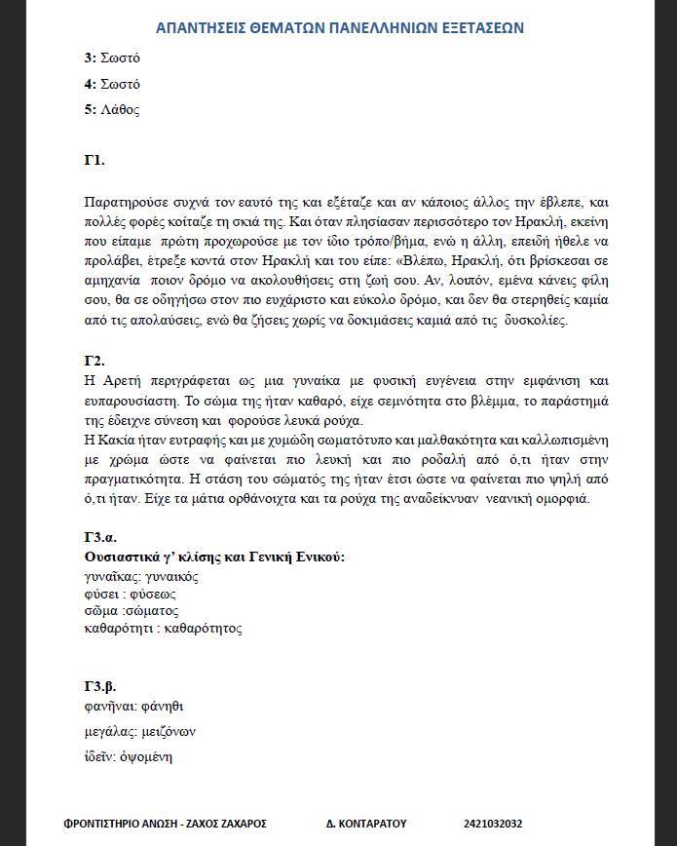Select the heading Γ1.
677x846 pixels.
(x=94, y=160)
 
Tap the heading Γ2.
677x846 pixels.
(x=94, y=361)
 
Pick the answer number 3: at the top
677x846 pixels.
(x=90, y=58)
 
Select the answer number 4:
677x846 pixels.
(x=90, y=84)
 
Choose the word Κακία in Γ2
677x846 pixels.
(x=118, y=441)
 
